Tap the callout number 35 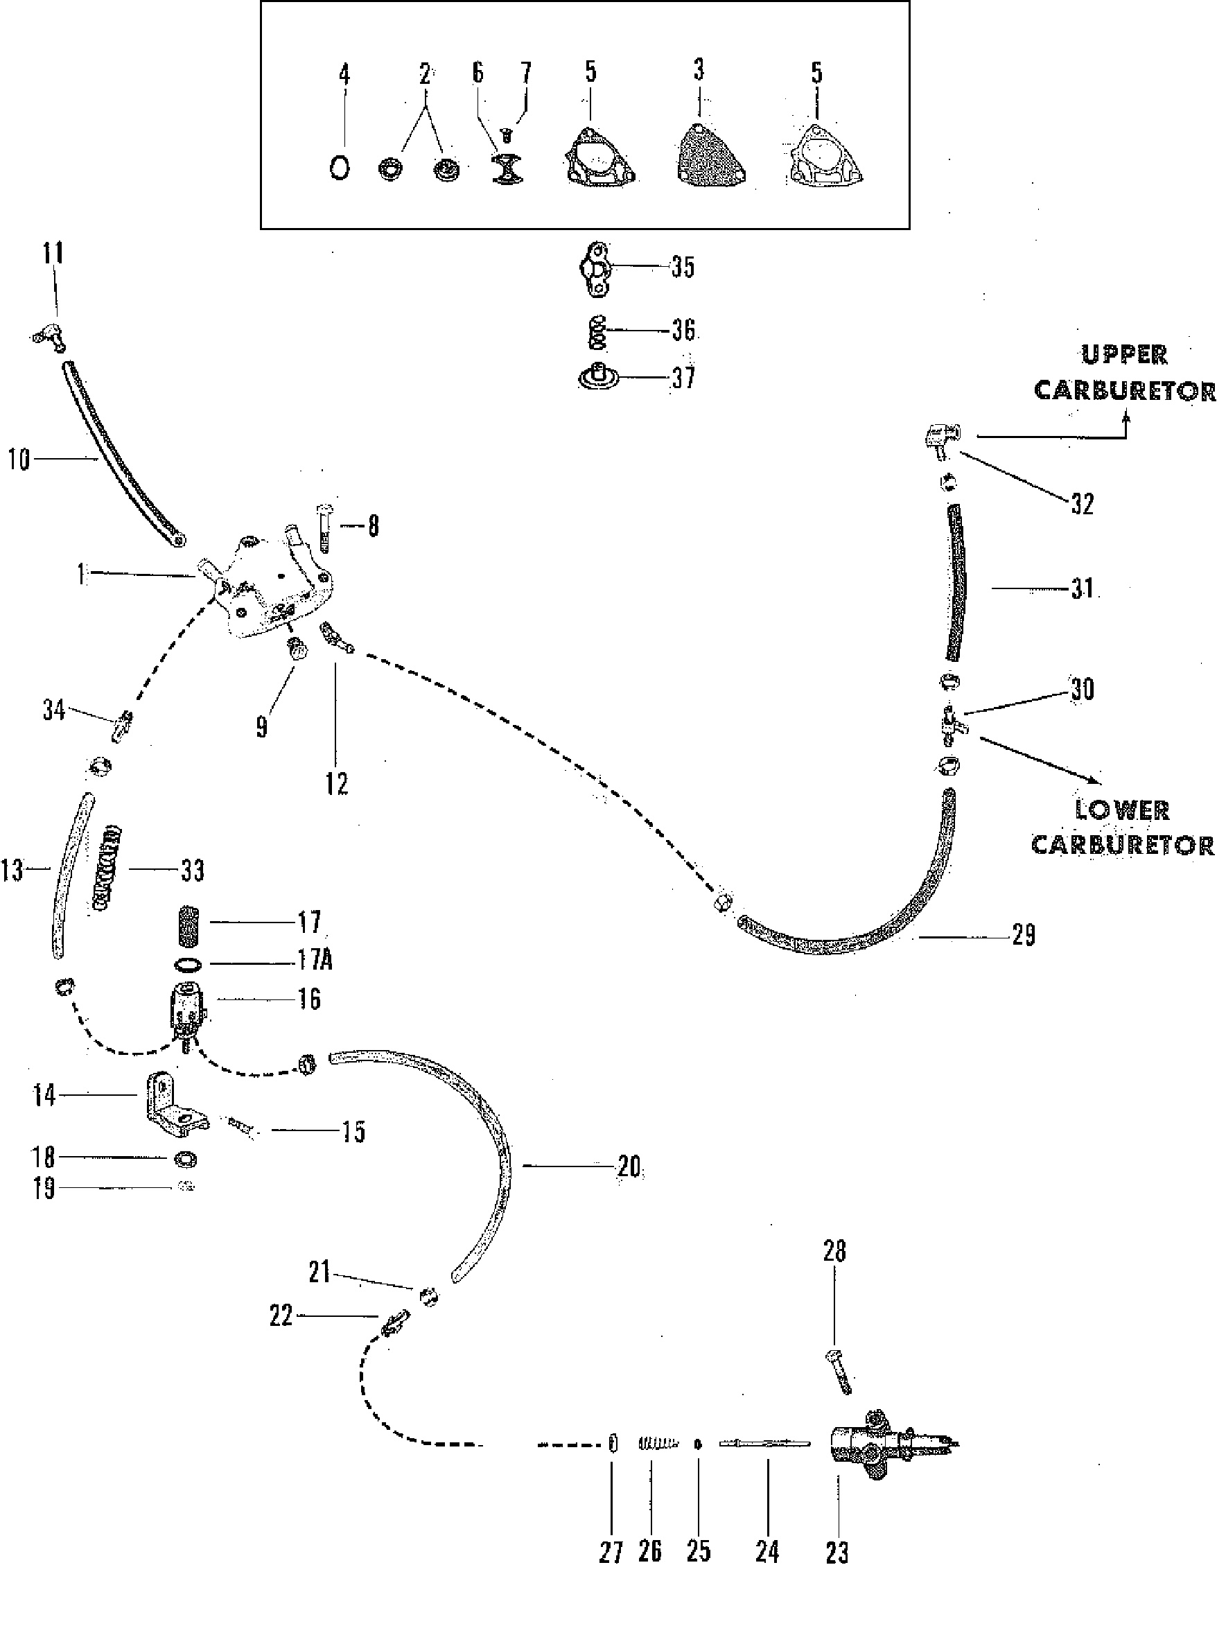click(x=683, y=267)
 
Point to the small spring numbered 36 click(x=598, y=332)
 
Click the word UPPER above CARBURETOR click(x=1124, y=355)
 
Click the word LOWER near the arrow click(x=1121, y=810)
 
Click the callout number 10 click(x=19, y=460)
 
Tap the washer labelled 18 click(x=185, y=1160)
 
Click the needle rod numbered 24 click(x=764, y=1444)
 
